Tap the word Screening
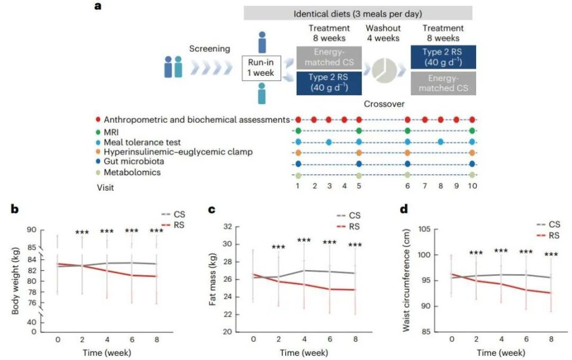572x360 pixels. [210, 49]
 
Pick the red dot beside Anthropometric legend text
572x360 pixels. [98, 120]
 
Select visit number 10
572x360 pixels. [472, 187]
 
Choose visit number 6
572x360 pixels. [408, 187]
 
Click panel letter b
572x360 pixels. [15, 209]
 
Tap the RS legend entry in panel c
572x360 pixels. [354, 226]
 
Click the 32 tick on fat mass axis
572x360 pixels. [227, 226]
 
